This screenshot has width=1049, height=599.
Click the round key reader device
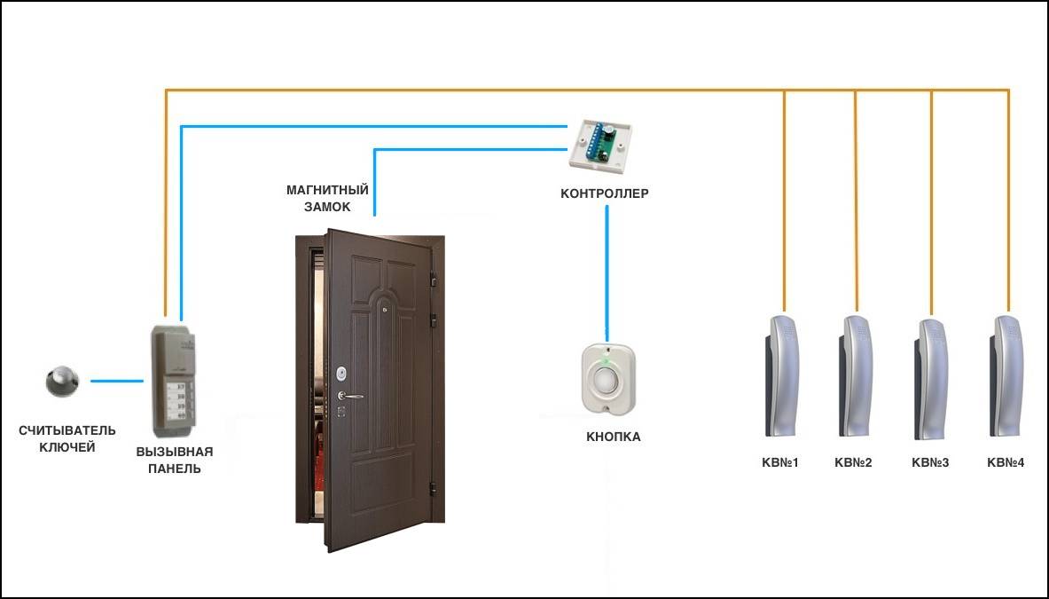[x=62, y=382]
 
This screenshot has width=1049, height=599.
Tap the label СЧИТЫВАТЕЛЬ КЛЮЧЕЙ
[x=67, y=438]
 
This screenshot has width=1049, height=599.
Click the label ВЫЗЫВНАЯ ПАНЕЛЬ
[x=175, y=460]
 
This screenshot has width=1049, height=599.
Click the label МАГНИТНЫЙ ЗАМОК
[x=327, y=198]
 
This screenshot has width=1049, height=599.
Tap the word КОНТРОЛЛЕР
[x=605, y=193]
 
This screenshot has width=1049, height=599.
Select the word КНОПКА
[x=613, y=437]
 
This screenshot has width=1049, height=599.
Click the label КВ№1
[x=780, y=462]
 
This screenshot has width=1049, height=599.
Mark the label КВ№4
[x=1006, y=462]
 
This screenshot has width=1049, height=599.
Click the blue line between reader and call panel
[x=117, y=382]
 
